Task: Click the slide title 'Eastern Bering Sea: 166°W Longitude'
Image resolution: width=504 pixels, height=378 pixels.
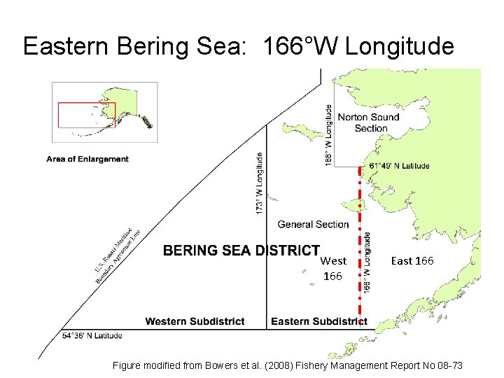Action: pos(238,47)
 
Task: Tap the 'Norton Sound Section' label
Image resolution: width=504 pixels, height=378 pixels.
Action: pos(368,122)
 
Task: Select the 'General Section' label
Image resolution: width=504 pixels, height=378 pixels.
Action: pos(313,224)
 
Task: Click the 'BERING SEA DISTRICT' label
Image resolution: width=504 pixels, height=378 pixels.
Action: pos(241,251)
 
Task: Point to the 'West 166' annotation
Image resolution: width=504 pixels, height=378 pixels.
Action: pos(333,268)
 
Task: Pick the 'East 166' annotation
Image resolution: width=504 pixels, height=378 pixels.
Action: pos(412,260)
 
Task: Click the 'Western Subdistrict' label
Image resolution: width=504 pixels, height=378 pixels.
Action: pos(195,321)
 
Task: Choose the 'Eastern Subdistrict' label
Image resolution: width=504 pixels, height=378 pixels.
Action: pos(318,321)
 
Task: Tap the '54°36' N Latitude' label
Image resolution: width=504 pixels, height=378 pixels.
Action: pos(92,335)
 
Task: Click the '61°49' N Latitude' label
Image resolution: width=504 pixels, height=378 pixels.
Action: pos(399,166)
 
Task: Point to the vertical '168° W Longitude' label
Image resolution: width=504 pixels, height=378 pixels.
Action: pos(328,135)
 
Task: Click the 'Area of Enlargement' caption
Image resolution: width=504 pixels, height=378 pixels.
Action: pos(87,159)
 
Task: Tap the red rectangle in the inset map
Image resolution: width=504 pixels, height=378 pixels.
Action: pos(86,115)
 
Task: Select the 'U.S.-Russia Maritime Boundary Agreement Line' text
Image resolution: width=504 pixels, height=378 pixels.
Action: pos(117,253)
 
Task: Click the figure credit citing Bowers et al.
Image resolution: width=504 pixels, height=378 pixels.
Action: pos(287,365)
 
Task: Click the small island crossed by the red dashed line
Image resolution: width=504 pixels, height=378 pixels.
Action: pos(360,204)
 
